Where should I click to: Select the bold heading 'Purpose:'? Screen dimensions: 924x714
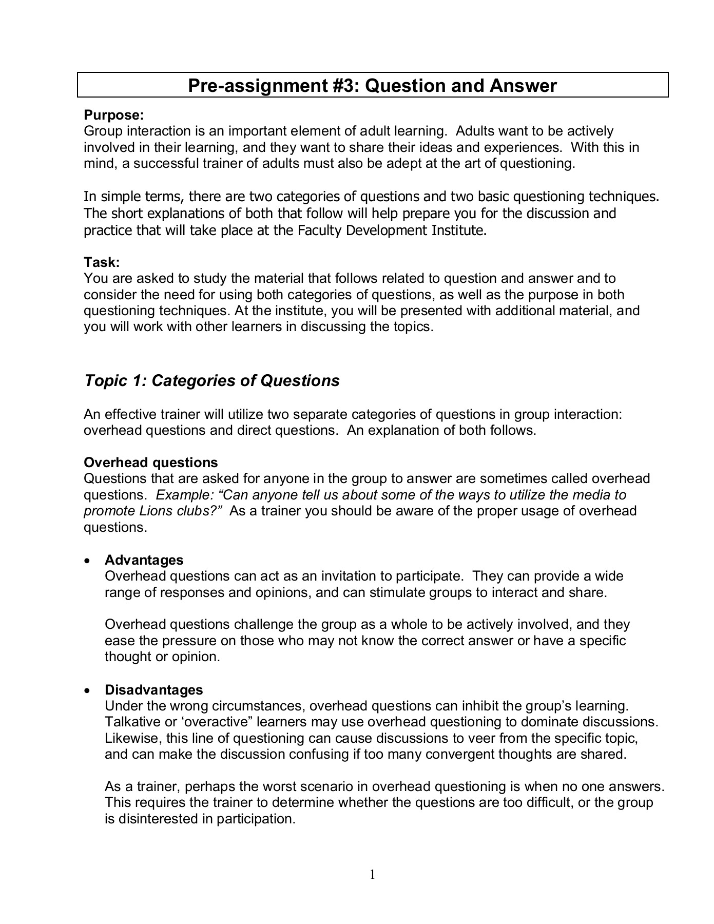click(x=113, y=115)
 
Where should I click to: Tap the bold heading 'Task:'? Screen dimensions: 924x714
click(x=102, y=262)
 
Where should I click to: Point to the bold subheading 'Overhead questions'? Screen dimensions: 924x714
click(x=151, y=463)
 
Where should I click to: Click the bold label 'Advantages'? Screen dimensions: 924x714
click(x=144, y=560)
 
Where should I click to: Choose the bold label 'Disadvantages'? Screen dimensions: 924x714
click(x=154, y=689)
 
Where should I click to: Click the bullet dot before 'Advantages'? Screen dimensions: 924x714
click(x=89, y=560)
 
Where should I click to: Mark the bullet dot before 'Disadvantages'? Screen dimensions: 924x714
click(x=89, y=690)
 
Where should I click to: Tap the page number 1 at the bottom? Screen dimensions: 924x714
click(x=373, y=874)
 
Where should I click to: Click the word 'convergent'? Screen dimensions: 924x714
click(x=460, y=754)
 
